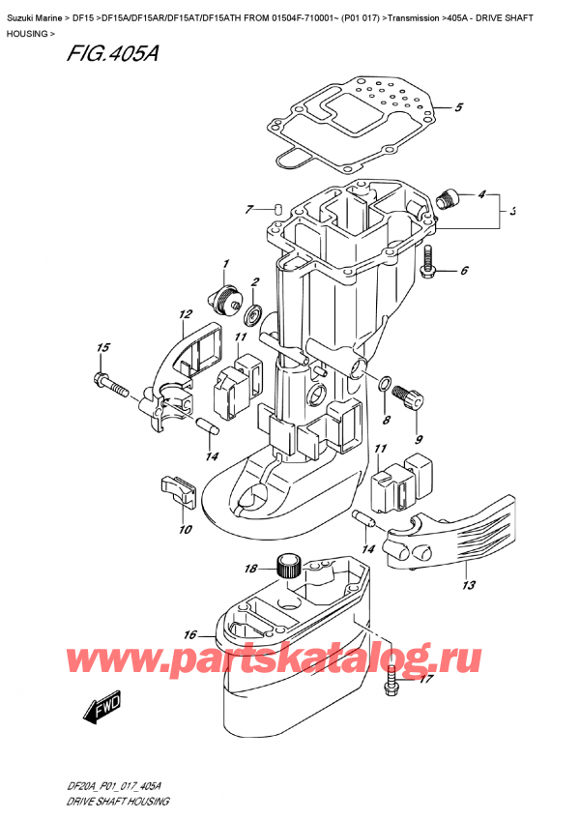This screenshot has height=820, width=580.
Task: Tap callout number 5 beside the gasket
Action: pyautogui.click(x=459, y=107)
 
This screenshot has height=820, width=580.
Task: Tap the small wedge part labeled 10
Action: pyautogui.click(x=179, y=491)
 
